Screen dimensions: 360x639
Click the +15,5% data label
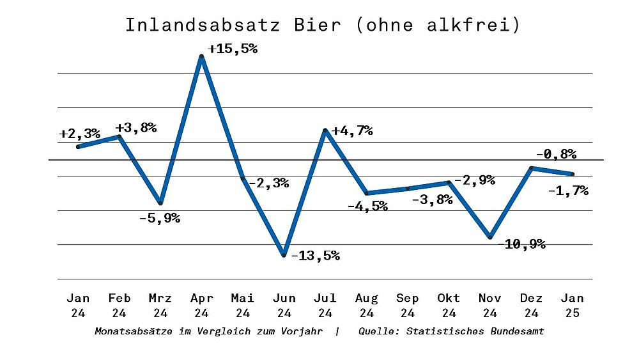tap(233, 48)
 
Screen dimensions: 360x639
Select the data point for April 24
tap(202, 57)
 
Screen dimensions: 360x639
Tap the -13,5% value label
tap(315, 256)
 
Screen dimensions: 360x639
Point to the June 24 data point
tap(284, 255)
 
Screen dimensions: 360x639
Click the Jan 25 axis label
tap(572, 306)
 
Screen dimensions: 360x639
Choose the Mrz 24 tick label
tap(160, 306)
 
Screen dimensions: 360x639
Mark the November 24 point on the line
tap(490, 237)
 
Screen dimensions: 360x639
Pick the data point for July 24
tap(325, 131)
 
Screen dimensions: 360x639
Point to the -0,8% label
tap(556, 153)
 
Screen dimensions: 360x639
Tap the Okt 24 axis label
tap(449, 306)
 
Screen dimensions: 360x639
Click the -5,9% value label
tap(160, 218)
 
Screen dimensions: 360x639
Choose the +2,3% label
tap(80, 134)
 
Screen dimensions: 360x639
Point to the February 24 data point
tap(119, 136)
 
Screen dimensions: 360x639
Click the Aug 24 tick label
tap(366, 306)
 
